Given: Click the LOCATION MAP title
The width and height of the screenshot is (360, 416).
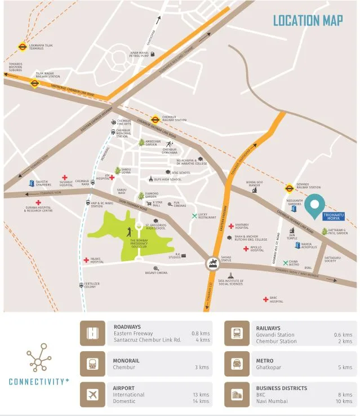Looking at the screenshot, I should coord(308,20).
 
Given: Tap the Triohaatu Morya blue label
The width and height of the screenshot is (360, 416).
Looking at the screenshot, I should coord(332,216).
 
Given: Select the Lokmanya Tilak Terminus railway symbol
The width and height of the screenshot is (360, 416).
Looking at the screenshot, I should coord(22,48).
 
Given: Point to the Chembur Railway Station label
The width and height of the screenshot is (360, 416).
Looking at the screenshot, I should coord(174,118).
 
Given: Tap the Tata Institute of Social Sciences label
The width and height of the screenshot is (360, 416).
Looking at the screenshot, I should coord(230,282).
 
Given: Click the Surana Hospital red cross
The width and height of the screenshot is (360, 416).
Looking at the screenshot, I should coord(38,202).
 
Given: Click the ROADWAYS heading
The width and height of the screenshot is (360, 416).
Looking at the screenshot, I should coord(127,327).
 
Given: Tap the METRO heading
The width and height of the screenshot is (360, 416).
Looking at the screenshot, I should coord(264,361).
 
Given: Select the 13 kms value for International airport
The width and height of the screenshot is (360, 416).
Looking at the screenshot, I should coord(201,395).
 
